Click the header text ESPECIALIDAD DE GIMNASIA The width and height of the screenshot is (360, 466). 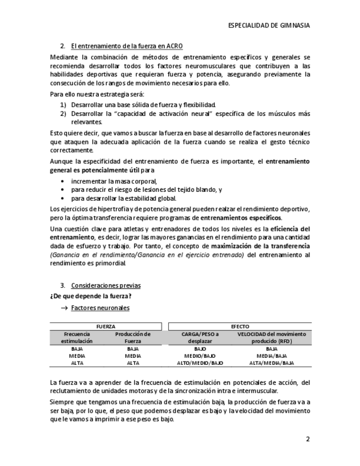[x=269, y=25]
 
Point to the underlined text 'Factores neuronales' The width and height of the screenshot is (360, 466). [x=100, y=308]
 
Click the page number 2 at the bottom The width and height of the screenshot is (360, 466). [x=308, y=440]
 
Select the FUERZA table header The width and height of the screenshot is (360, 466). [x=106, y=326]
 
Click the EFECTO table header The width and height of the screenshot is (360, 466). [x=240, y=326]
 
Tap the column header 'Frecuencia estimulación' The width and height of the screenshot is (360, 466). [x=77, y=337]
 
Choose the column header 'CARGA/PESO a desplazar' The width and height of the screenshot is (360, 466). [x=200, y=337]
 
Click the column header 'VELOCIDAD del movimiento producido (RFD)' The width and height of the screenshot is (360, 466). [x=272, y=337]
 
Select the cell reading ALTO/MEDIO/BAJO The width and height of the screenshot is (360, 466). [x=200, y=363]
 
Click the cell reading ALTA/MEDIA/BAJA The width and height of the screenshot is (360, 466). [x=272, y=363]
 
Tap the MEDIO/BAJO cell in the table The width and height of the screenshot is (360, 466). [x=200, y=356]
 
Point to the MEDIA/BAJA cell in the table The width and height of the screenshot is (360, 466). [x=272, y=356]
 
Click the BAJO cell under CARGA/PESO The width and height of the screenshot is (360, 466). [x=200, y=349]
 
